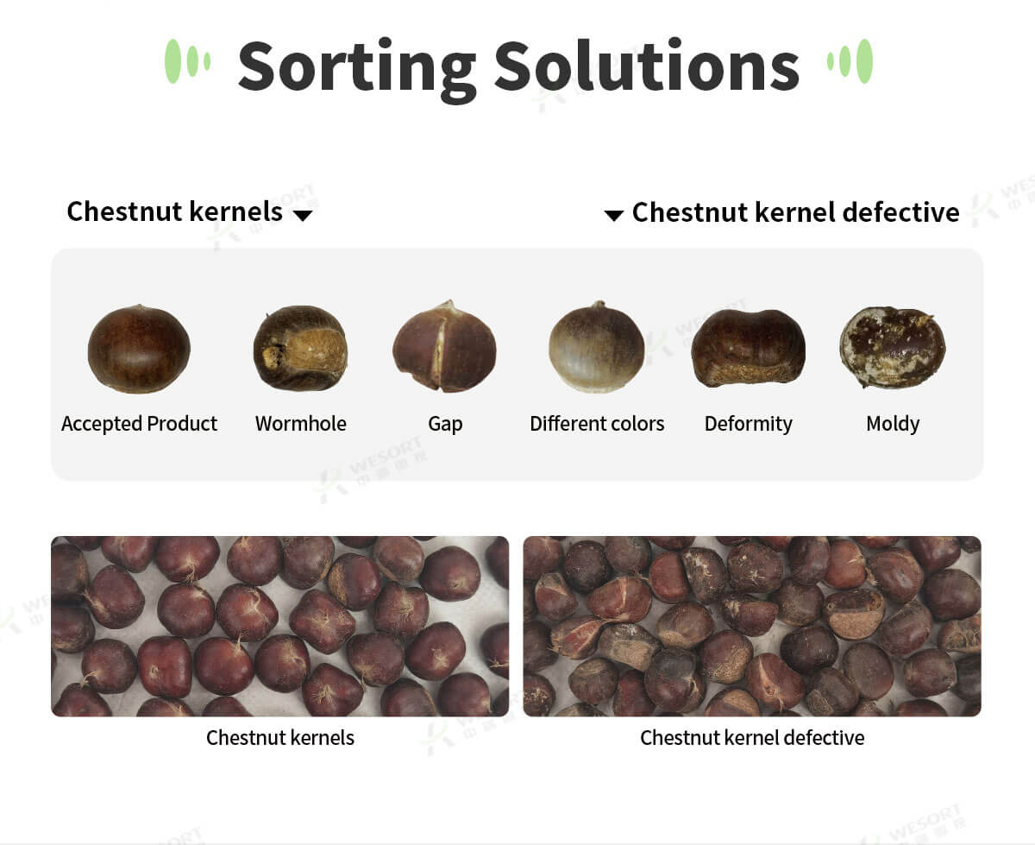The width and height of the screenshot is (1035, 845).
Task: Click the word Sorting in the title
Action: (357, 69)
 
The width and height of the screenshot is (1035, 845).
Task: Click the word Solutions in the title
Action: (647, 66)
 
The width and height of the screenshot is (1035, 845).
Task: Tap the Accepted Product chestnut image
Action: (139, 349)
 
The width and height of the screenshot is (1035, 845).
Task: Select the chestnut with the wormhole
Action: (300, 348)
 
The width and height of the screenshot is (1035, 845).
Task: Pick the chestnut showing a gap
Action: (445, 347)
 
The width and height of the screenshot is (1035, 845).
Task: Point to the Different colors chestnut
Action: (597, 347)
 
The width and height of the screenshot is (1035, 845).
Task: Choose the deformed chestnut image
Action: (749, 348)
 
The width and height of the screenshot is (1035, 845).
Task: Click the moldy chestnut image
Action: (893, 347)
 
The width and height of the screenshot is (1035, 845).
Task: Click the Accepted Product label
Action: (140, 424)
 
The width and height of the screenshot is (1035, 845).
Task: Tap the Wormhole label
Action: (301, 423)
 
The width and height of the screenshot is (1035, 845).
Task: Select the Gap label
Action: (445, 424)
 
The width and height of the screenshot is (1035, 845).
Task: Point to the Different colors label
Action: (597, 423)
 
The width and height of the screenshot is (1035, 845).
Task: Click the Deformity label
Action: (749, 424)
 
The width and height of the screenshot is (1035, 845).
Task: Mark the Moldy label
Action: (893, 424)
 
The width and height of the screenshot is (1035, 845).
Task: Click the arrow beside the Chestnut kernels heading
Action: (303, 216)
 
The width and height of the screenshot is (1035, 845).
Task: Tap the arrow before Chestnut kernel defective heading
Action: (613, 216)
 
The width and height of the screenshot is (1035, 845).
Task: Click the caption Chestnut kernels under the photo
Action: (280, 737)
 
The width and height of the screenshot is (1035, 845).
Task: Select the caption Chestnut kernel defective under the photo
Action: (752, 737)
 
